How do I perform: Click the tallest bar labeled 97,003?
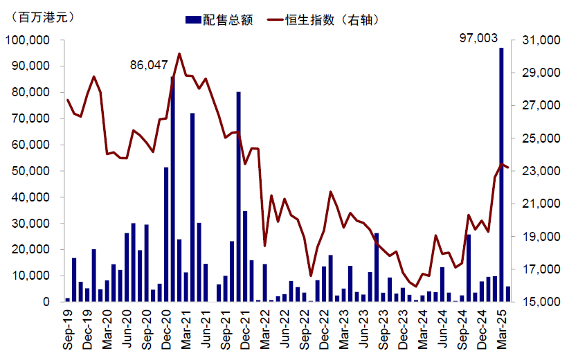coord(501,173)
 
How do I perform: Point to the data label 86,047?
coord(149,65)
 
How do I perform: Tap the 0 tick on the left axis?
coord(46,302)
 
